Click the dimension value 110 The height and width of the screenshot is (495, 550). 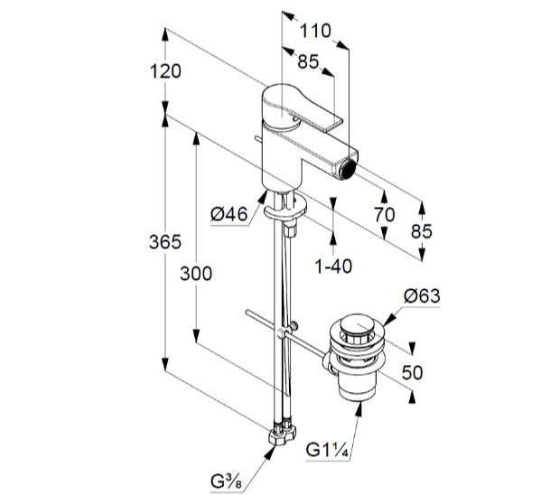[x=315, y=30]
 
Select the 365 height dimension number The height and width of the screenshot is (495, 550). [x=166, y=242]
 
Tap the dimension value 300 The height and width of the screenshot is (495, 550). [x=195, y=273]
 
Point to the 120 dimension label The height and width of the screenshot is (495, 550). [x=166, y=71]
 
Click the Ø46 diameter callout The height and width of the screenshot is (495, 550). [x=228, y=213]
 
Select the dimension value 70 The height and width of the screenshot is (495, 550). [x=384, y=214]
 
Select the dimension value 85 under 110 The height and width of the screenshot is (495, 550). [x=308, y=61]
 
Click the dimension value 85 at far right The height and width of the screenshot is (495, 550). [x=422, y=230]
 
